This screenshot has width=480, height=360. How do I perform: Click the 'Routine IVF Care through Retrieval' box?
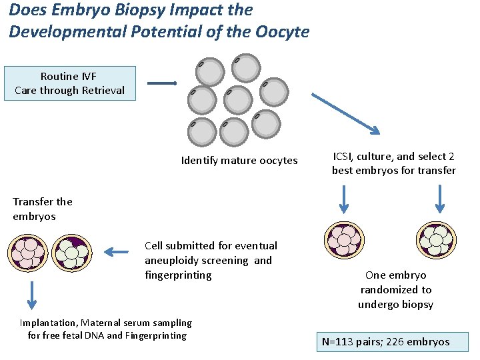tap(69, 83)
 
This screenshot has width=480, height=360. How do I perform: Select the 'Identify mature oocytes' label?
tap(239, 160)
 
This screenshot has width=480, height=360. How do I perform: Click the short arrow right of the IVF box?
tap(161, 83)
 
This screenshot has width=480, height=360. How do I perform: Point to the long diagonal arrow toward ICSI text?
tap(346, 113)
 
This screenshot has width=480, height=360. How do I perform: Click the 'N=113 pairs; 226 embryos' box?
tap(393, 342)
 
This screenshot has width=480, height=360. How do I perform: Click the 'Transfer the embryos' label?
tap(42, 209)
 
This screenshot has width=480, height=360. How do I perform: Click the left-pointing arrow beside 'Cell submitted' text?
tap(117, 252)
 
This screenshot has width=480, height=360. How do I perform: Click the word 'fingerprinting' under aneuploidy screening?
tap(178, 275)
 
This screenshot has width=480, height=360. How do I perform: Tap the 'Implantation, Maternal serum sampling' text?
tap(105, 323)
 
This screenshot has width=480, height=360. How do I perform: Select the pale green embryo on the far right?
tap(436, 241)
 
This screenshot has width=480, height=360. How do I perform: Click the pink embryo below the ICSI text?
tap(344, 241)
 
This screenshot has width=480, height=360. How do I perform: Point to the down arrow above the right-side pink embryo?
tap(344, 198)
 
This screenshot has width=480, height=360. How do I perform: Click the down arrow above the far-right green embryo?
tap(439, 198)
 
